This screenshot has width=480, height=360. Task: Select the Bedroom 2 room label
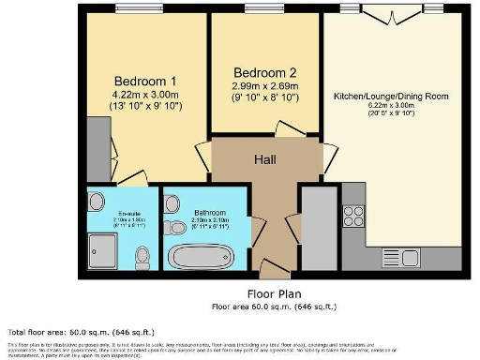[265, 73]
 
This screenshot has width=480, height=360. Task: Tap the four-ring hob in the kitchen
[353, 216]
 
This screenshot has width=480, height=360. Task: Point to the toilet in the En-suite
[142, 253]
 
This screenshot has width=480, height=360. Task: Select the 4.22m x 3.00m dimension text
[144, 94]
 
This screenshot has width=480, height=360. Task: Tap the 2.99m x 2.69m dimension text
[265, 87]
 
